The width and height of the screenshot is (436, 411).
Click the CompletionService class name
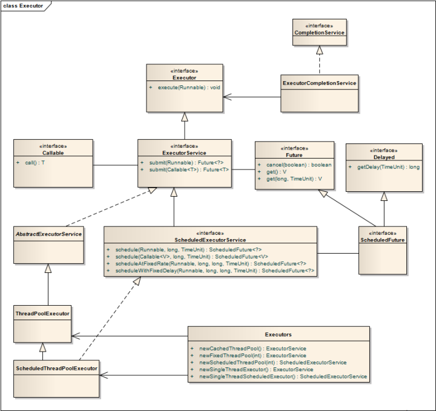point(320,33)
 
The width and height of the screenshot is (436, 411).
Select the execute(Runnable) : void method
point(189,88)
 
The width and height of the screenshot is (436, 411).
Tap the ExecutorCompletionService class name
point(320,83)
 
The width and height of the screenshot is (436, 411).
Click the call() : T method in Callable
point(35,163)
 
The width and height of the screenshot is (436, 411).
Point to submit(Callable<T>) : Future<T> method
point(189,169)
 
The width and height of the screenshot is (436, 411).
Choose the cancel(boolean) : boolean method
point(299,165)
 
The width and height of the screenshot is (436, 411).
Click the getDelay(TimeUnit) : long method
point(388,167)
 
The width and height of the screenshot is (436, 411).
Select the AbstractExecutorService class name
point(48,234)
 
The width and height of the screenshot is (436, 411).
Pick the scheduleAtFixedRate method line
point(211,263)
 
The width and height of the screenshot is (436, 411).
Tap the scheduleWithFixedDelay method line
point(215,271)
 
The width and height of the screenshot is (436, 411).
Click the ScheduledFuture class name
point(383,240)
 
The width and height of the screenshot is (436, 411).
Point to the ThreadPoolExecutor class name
point(42,314)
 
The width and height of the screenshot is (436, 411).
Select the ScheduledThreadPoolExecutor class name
point(57,368)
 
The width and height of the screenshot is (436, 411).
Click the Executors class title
point(279,334)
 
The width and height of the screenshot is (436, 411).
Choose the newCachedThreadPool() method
point(253,349)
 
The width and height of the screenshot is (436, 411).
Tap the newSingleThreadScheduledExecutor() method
point(283,376)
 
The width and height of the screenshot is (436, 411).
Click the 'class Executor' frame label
point(23,6)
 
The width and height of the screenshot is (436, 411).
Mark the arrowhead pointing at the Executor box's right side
point(227,97)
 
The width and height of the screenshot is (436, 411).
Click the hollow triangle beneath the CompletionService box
point(320,50)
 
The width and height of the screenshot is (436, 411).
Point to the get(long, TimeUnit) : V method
point(294,179)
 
